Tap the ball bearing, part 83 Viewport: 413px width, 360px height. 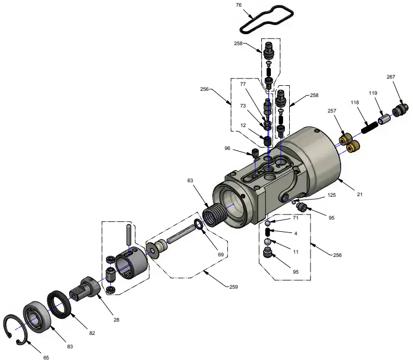[37, 316]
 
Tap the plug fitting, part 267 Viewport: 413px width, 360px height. [400, 110]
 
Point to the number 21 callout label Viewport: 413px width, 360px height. [359, 194]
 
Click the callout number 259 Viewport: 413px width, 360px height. [233, 287]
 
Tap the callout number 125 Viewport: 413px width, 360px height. [332, 196]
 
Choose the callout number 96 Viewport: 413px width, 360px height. [227, 148]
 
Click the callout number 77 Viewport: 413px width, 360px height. [242, 84]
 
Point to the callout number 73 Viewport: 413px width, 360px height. [242, 105]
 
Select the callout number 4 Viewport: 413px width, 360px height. [295, 232]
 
